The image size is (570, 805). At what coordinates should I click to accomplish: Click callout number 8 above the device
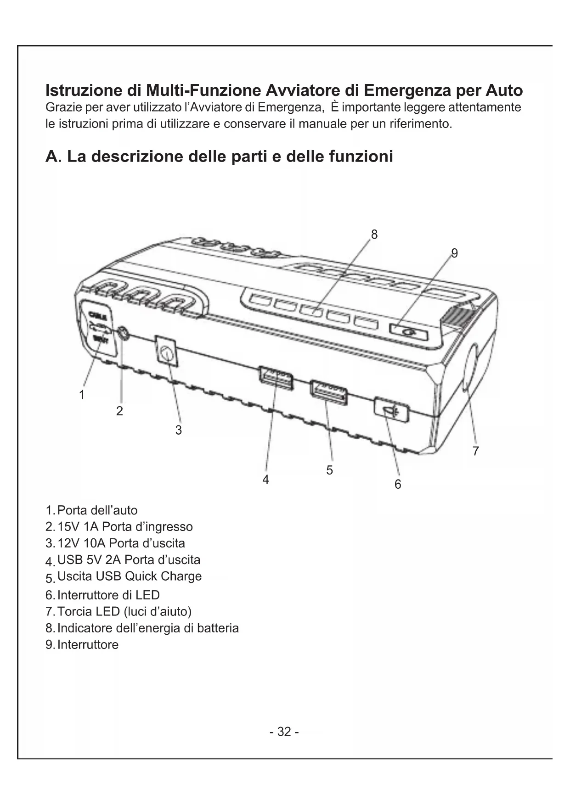click(x=374, y=235)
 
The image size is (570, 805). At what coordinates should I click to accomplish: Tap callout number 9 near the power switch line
click(x=454, y=253)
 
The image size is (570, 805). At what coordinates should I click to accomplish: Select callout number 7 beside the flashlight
click(x=475, y=451)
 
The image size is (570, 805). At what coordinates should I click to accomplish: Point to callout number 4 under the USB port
click(x=265, y=480)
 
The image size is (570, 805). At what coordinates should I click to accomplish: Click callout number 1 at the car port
click(x=82, y=395)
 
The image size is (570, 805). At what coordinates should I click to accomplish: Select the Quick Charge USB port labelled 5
click(x=328, y=392)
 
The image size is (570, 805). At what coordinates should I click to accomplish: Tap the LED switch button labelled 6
click(x=391, y=410)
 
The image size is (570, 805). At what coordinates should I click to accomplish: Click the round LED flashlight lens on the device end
click(x=469, y=368)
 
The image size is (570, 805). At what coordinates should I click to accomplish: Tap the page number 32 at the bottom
click(x=284, y=732)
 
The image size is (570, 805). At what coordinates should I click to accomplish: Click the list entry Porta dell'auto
click(x=97, y=510)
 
